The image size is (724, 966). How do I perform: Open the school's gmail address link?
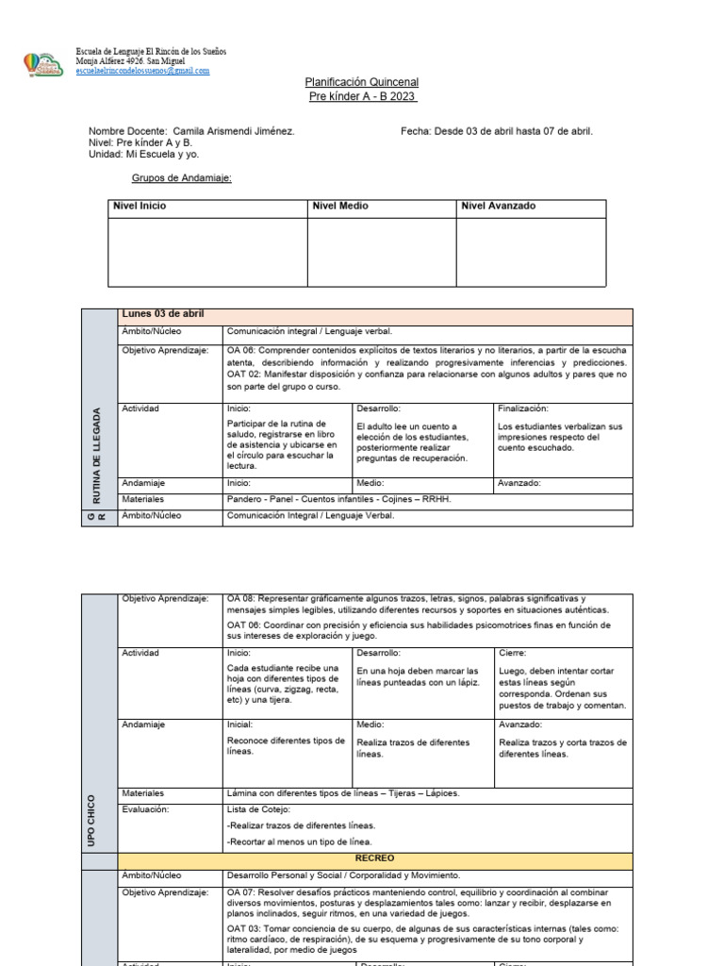coord(142,71)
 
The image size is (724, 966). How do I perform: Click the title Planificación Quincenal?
coord(362,83)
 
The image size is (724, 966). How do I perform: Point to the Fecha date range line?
coord(497,131)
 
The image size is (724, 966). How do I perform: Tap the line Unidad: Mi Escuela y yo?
coord(143,154)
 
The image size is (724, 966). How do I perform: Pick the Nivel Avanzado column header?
coord(498,206)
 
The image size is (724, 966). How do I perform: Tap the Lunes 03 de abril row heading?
coord(163,314)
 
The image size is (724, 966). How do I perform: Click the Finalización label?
coord(522,408)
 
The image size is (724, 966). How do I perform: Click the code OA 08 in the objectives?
coord(241,598)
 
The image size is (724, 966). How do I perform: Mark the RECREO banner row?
coord(374,858)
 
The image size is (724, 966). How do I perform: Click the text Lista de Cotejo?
coord(259,809)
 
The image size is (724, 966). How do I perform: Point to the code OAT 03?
coord(242,928)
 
